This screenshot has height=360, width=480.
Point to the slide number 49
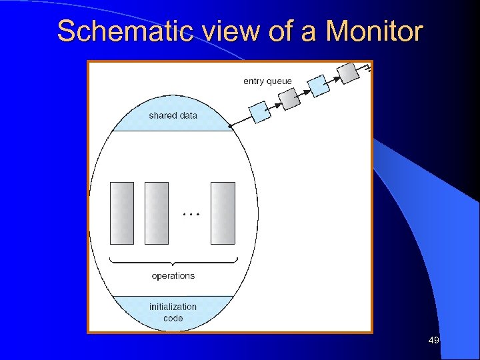tap(433, 341)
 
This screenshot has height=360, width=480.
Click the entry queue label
tap(267, 81)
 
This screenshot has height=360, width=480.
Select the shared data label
tap(173, 115)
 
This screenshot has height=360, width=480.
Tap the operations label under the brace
tap(173, 275)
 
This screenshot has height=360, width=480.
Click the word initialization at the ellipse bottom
tap(173, 307)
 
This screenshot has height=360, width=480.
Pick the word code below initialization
tap(173, 318)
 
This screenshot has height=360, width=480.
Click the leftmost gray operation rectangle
tap(121, 213)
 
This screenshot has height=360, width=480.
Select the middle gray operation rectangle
tap(157, 213)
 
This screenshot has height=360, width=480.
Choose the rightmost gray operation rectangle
tap(223, 213)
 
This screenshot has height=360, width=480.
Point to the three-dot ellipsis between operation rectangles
tap(191, 214)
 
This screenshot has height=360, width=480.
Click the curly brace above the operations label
tap(173, 262)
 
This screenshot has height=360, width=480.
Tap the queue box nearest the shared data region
tap(260, 112)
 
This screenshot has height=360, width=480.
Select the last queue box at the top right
tap(347, 72)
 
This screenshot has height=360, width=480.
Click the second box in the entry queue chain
tap(289, 99)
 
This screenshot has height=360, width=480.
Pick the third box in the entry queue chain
tap(319, 85)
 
